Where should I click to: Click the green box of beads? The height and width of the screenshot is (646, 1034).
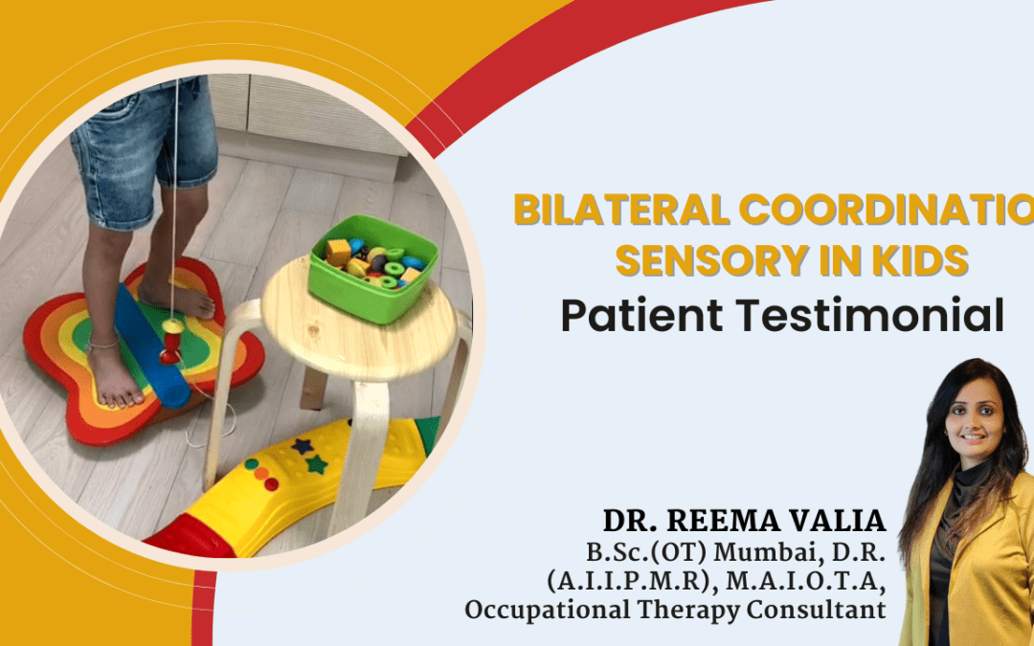(372, 272)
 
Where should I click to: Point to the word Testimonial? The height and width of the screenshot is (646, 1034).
(872, 315)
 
